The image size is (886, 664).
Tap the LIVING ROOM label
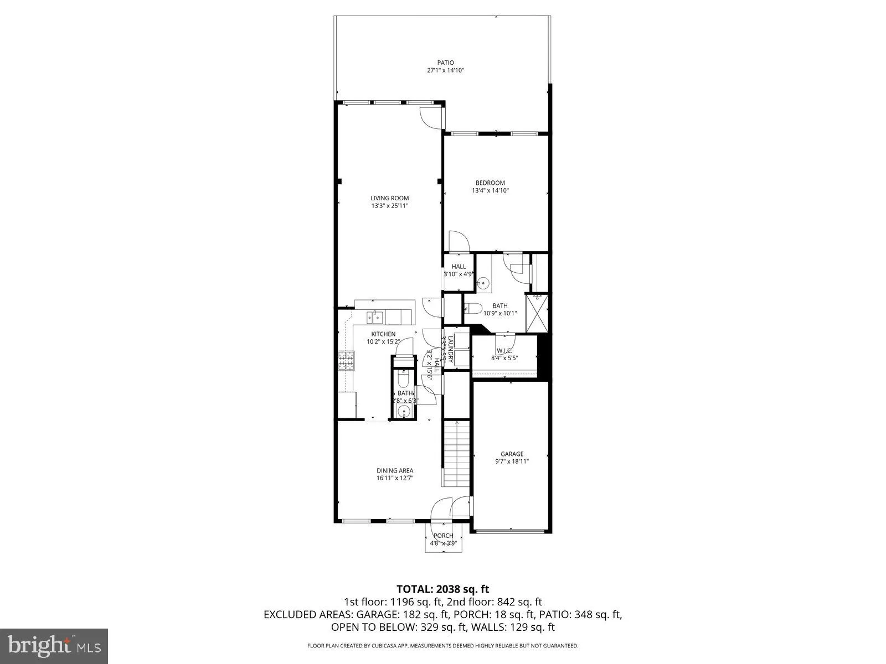(x=390, y=198)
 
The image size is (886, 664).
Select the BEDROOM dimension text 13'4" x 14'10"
(x=490, y=190)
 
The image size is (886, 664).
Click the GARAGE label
(x=512, y=454)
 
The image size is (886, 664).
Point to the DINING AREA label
(x=395, y=471)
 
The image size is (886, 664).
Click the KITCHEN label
(x=383, y=334)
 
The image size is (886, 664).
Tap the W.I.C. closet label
(x=504, y=351)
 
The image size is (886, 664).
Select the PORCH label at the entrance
(x=443, y=536)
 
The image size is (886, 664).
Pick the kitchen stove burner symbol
(x=346, y=361)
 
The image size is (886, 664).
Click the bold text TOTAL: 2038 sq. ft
(x=442, y=589)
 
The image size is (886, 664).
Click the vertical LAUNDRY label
(x=451, y=350)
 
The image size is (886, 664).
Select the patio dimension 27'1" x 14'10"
(x=445, y=71)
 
